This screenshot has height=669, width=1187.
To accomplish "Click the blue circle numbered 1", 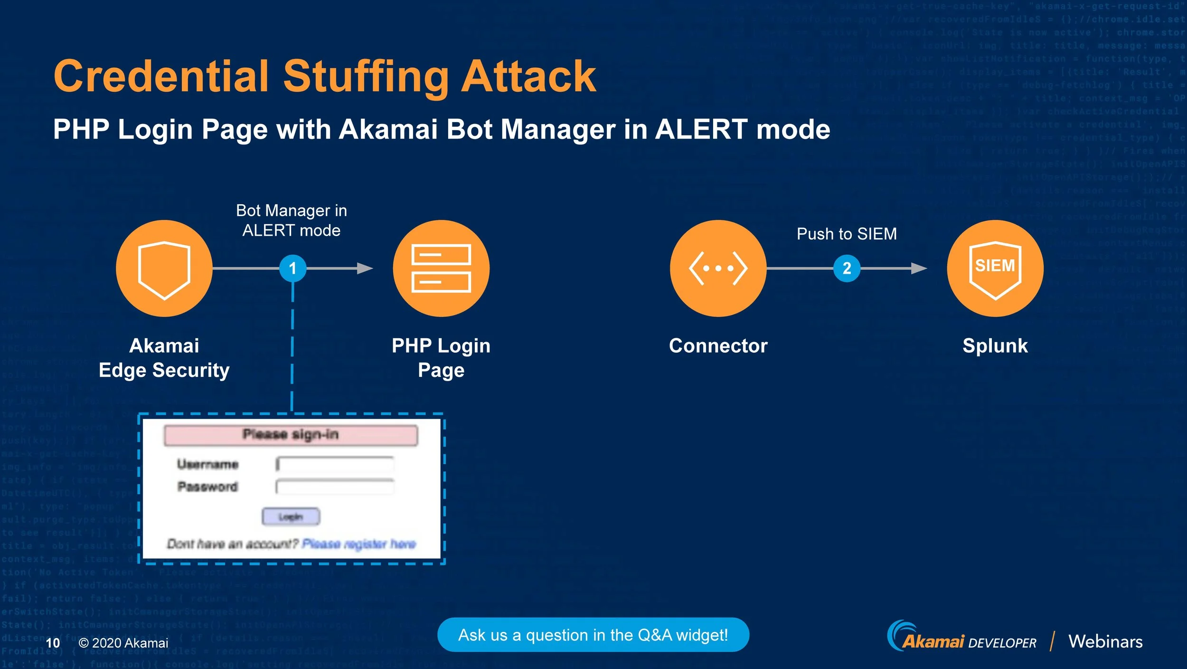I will (292, 268).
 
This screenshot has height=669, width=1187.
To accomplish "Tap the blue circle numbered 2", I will (847, 268).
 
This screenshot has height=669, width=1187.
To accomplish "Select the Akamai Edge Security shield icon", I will (164, 268).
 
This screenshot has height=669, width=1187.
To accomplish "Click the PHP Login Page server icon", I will (441, 268).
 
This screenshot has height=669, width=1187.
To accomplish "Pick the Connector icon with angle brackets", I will (718, 268).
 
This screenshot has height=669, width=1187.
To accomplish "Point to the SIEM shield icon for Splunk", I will (995, 268).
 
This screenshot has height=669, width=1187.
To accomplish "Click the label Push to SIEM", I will (847, 234).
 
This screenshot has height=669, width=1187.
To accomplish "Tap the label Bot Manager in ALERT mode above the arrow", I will (292, 220).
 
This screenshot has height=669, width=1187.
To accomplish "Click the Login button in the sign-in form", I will (291, 516).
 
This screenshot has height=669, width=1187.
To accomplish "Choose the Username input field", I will (335, 464).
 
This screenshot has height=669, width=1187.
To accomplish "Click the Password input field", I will (335, 487).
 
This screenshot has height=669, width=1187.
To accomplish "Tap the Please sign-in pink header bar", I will (291, 435).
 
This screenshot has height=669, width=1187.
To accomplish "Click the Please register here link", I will (359, 544).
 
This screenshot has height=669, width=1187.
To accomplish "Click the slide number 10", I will (53, 643).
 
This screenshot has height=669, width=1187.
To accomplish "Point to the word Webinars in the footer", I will (1105, 641).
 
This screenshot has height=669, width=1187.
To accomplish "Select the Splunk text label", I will (995, 345).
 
